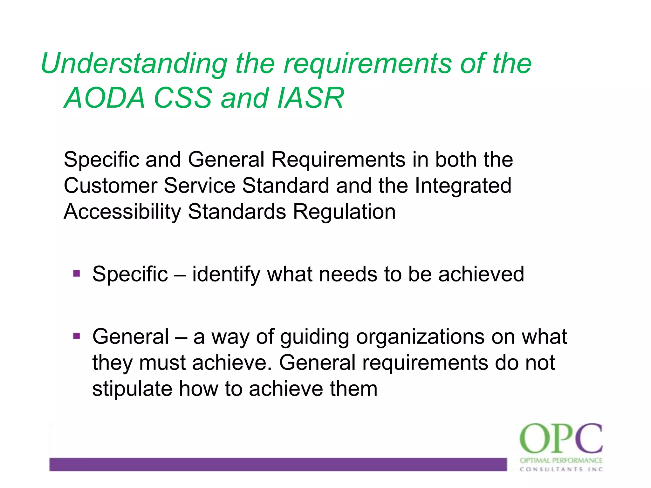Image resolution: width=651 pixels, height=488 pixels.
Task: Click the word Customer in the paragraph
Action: pyautogui.click(x=110, y=186)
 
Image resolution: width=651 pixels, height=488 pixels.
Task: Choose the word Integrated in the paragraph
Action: pyautogui.click(x=463, y=186)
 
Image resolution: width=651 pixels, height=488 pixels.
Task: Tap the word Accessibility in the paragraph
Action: pyautogui.click(x=122, y=212)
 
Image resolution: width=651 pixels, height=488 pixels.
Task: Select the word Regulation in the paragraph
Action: pyautogui.click(x=344, y=212)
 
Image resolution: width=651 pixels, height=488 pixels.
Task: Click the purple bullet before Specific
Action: pyautogui.click(x=77, y=274)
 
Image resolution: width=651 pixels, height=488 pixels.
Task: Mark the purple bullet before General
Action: pyautogui.click(x=77, y=336)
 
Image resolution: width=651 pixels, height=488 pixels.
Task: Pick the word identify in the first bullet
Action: pyautogui.click(x=226, y=274)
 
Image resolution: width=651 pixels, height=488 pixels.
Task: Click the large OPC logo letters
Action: pyautogui.click(x=561, y=439)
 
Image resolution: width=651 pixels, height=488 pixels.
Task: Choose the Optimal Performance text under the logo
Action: pyautogui.click(x=561, y=460)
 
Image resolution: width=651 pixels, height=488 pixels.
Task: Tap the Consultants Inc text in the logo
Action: pyautogui.click(x=561, y=469)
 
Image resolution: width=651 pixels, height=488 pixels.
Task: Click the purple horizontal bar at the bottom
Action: pyautogui.click(x=278, y=464)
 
